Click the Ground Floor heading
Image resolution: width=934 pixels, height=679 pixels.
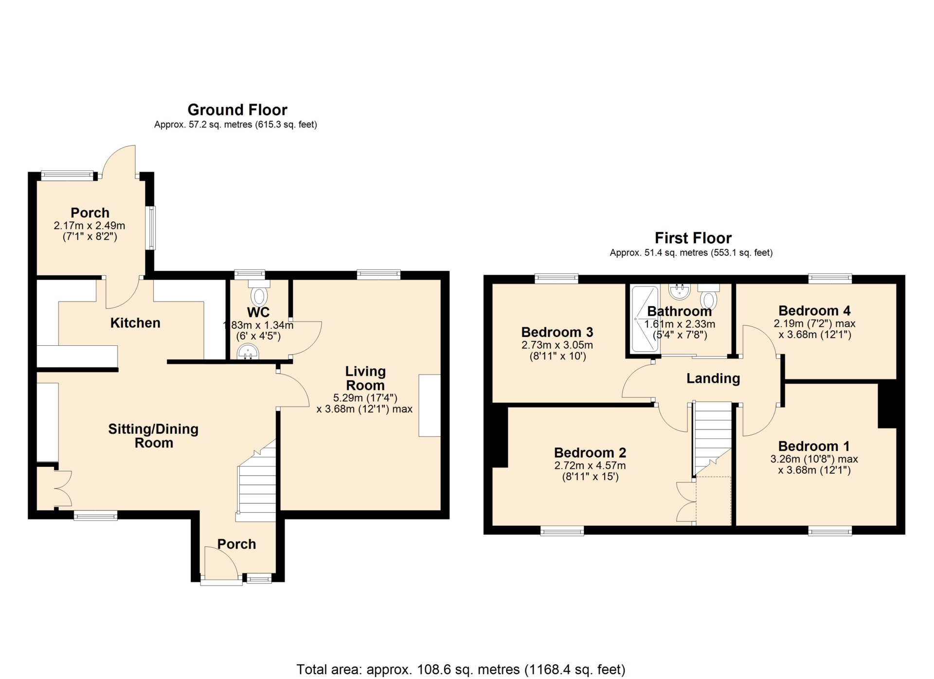pos(237,110)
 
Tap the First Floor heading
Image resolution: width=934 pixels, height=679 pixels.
pos(693,238)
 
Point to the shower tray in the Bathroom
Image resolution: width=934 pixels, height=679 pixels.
pos(645,319)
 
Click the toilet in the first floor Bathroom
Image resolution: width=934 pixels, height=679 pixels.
pos(709,296)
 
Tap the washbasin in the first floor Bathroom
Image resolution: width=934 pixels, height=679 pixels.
pos(679,291)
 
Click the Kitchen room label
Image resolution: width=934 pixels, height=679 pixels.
pos(135,323)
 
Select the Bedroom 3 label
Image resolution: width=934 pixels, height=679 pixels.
pos(557,332)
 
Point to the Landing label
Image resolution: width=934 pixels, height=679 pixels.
pos(713,378)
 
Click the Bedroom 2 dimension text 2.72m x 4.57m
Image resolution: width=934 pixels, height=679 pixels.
pos(590,465)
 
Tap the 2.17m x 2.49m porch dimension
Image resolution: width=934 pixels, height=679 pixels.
pos(90,226)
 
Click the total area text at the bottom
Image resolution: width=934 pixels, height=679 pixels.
pos(461,670)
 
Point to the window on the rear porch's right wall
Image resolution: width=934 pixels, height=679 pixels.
pos(152,228)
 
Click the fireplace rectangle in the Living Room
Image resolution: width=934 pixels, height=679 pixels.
pos(430,405)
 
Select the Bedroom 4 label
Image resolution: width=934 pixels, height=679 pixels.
pos(814,311)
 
